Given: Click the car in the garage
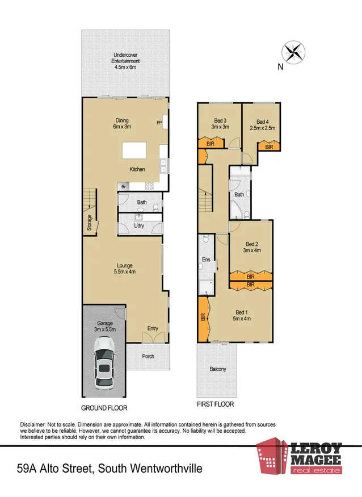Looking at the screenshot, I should (104, 362).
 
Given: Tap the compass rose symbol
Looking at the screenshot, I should (293, 52).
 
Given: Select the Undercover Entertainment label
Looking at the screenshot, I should (125, 61).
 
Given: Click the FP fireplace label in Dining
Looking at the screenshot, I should (159, 123).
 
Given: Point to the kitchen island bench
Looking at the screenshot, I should (138, 151).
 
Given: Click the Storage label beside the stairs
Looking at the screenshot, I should (90, 222).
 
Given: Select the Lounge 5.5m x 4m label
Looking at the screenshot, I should (125, 268).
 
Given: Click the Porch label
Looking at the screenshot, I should (148, 357).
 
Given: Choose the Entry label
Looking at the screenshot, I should (153, 328).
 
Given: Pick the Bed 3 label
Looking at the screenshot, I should (220, 120).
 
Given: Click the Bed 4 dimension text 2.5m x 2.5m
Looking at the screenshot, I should (262, 128).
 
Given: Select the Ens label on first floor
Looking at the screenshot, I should (207, 260).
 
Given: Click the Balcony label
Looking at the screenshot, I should (217, 369).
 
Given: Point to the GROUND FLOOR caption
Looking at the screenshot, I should (104, 408).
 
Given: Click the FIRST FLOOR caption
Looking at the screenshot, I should (214, 404).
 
